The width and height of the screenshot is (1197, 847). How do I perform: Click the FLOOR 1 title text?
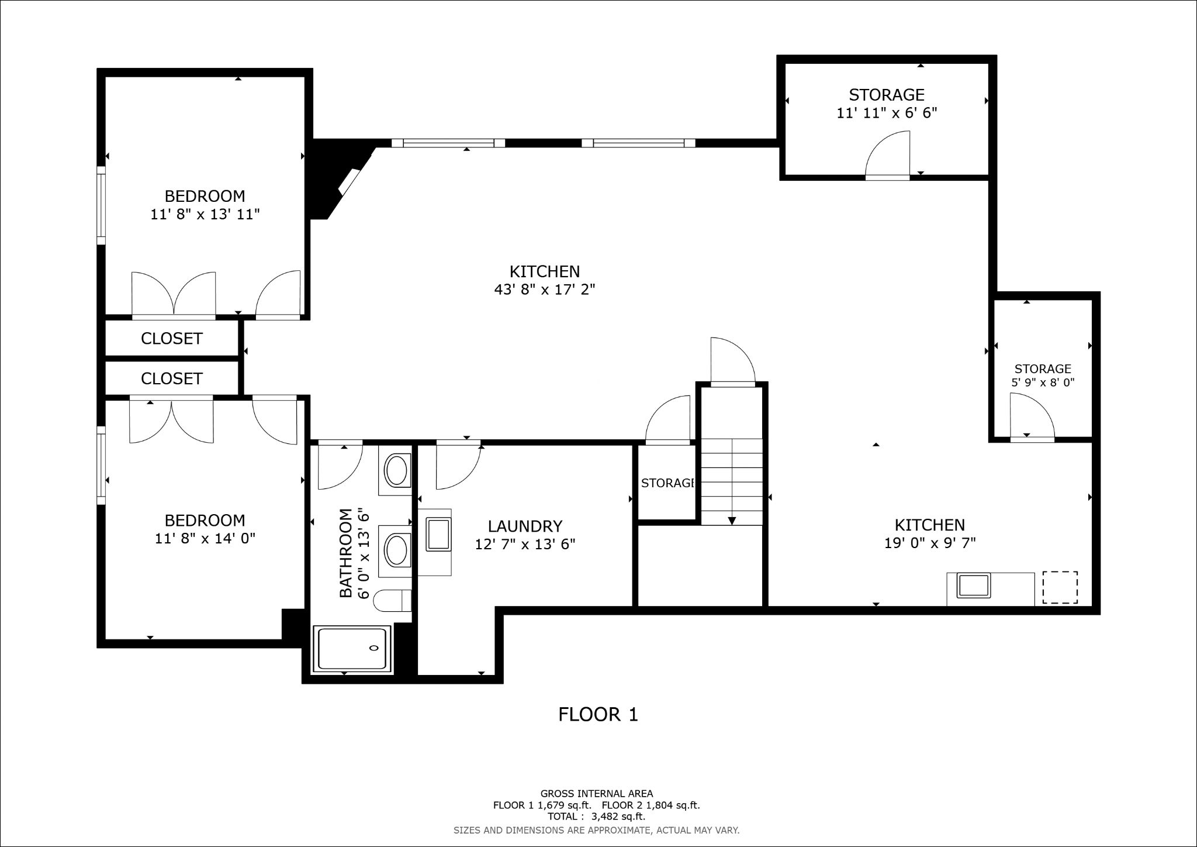click(598, 714)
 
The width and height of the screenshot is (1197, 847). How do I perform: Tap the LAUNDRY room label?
click(525, 526)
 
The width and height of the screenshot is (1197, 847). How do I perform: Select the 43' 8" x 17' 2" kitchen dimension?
click(544, 290)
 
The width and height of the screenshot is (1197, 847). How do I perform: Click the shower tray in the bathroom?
click(352, 649)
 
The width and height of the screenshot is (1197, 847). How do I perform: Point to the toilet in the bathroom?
click(392, 601)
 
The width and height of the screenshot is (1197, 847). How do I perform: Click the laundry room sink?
click(439, 534)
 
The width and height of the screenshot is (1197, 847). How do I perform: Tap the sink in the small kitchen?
click(973, 586)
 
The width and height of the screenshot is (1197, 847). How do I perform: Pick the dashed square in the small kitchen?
click(1060, 587)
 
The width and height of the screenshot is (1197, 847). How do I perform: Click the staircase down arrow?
click(732, 521)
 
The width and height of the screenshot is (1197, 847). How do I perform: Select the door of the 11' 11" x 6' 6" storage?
click(888, 154)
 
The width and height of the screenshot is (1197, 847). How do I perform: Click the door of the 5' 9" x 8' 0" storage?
click(1032, 416)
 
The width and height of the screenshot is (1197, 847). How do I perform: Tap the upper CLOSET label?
click(171, 339)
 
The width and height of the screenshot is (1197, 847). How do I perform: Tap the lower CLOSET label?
click(171, 378)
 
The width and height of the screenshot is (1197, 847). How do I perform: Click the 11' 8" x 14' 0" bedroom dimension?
click(205, 538)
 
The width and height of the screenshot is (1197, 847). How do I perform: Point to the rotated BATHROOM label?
click(346, 552)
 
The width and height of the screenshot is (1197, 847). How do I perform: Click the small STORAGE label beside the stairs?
click(667, 483)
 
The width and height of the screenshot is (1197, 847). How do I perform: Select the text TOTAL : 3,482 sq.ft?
click(596, 816)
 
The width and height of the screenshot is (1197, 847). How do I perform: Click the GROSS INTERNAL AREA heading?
click(596, 794)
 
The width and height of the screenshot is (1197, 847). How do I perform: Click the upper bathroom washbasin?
click(397, 470)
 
